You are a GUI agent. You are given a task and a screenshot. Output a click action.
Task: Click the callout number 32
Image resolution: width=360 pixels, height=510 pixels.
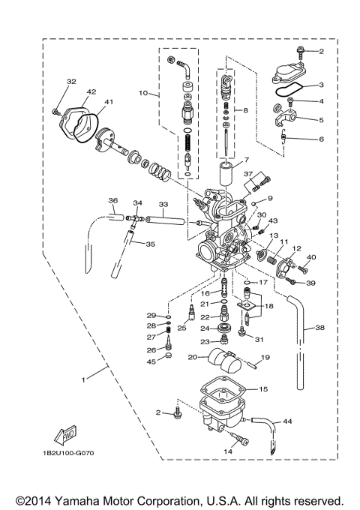pos(71,82)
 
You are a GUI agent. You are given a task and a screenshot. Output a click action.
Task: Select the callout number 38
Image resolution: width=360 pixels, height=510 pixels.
pos(319,327)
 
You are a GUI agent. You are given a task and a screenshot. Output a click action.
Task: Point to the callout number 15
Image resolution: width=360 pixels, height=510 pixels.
pos(262,389)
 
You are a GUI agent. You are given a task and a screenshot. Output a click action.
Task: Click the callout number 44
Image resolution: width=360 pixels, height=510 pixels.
pos(287,423)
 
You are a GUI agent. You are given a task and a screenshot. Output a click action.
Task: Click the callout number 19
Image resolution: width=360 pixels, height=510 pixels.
pos(265,358)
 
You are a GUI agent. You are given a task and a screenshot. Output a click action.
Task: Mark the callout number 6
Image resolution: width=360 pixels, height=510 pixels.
pos(321,139)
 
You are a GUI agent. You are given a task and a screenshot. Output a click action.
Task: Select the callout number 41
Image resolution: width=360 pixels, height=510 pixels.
pos(109,103)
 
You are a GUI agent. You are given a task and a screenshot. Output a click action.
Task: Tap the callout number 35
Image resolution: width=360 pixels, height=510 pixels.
pos(150,244)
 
